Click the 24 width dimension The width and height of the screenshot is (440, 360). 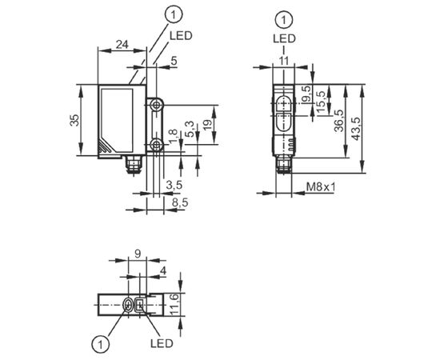122,45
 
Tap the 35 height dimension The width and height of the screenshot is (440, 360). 74,120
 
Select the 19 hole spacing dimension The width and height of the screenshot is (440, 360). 208,125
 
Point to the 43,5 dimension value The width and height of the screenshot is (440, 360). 357,129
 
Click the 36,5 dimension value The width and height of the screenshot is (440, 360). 339,121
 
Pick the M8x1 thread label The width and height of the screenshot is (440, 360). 321,186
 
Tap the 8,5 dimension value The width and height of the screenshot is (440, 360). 180,202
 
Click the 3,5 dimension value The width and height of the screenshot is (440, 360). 174,185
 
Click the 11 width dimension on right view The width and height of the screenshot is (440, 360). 284,61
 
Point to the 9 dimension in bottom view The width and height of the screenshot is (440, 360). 138,254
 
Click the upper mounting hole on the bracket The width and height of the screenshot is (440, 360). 155,106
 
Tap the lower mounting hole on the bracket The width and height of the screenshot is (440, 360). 155,146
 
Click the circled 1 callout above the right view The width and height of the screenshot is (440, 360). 284,20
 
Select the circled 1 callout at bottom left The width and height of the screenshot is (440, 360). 100,343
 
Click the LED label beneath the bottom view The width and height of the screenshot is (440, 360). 162,343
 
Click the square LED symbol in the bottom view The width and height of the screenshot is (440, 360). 139,305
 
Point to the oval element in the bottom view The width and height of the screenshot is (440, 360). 128,305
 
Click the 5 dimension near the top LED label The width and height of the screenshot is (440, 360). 174,61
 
